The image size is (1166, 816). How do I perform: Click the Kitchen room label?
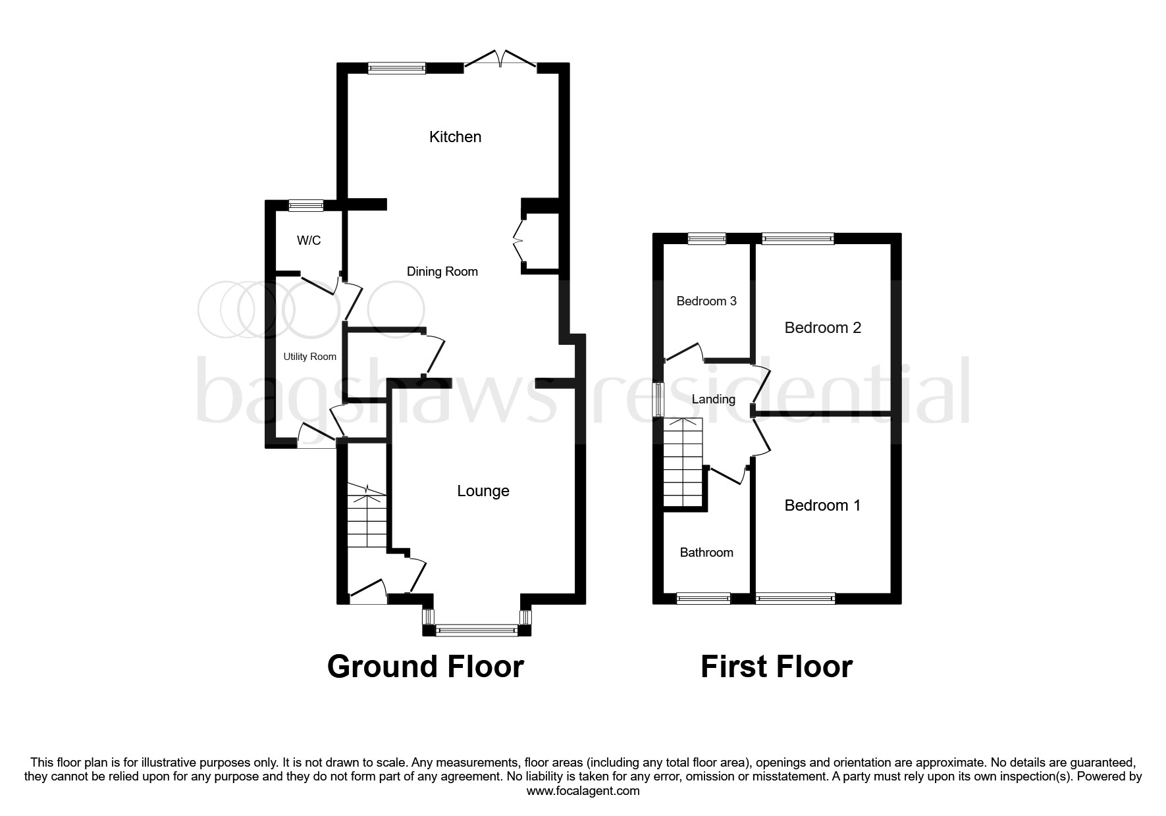455,137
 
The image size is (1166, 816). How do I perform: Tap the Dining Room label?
442,272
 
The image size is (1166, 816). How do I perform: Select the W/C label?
309,241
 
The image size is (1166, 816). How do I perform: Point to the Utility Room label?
309,357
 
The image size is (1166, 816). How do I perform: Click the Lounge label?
483,492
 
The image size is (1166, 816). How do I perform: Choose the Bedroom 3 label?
706,301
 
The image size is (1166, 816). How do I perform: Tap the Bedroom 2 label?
822,328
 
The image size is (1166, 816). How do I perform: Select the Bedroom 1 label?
822,505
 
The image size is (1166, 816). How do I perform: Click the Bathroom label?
706,553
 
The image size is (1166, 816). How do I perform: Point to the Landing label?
713,399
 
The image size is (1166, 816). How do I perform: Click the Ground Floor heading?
425,667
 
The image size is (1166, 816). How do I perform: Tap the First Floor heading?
776,667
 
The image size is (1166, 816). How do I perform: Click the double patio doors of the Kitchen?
500,59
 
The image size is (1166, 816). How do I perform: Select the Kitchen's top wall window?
396,68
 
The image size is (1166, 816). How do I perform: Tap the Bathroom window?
703,598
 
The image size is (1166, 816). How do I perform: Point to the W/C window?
306,205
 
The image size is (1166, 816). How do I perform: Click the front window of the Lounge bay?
477,630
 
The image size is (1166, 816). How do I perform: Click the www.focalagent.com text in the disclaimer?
583,791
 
